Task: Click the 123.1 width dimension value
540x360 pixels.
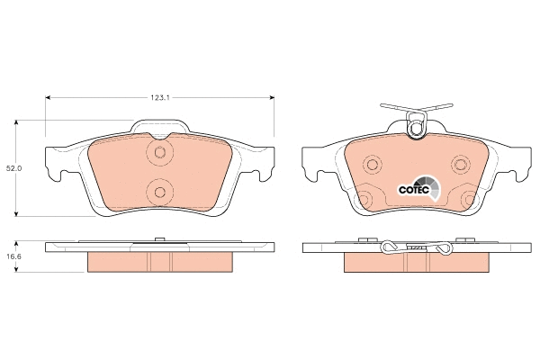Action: point(160,98)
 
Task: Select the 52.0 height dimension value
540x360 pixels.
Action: point(14,168)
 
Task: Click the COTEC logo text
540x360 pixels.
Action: point(414,190)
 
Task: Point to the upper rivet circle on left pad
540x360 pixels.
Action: point(159,152)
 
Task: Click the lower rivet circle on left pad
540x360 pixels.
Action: point(159,192)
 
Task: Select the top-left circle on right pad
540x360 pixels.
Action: point(372,165)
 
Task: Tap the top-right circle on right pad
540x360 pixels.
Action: point(461,165)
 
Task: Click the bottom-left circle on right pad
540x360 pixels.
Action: point(364,200)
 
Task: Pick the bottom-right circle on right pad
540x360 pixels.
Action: point(469,200)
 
